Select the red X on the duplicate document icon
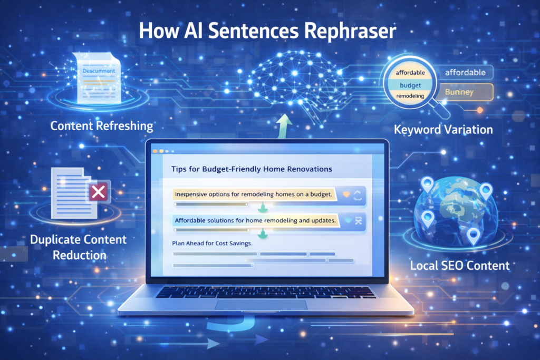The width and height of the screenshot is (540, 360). (98, 192)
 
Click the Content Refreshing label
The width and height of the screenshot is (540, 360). (102, 126)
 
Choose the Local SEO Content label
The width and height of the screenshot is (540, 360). (460, 265)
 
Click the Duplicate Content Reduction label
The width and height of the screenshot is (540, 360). (78, 247)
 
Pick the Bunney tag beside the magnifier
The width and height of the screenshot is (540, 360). (459, 92)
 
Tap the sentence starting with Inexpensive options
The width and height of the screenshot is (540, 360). (255, 194)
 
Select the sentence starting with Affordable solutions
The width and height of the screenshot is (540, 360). (255, 220)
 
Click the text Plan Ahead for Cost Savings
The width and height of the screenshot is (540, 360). (212, 244)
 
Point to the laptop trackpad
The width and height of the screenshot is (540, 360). (262, 305)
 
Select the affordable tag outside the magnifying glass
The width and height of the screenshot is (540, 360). (466, 73)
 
